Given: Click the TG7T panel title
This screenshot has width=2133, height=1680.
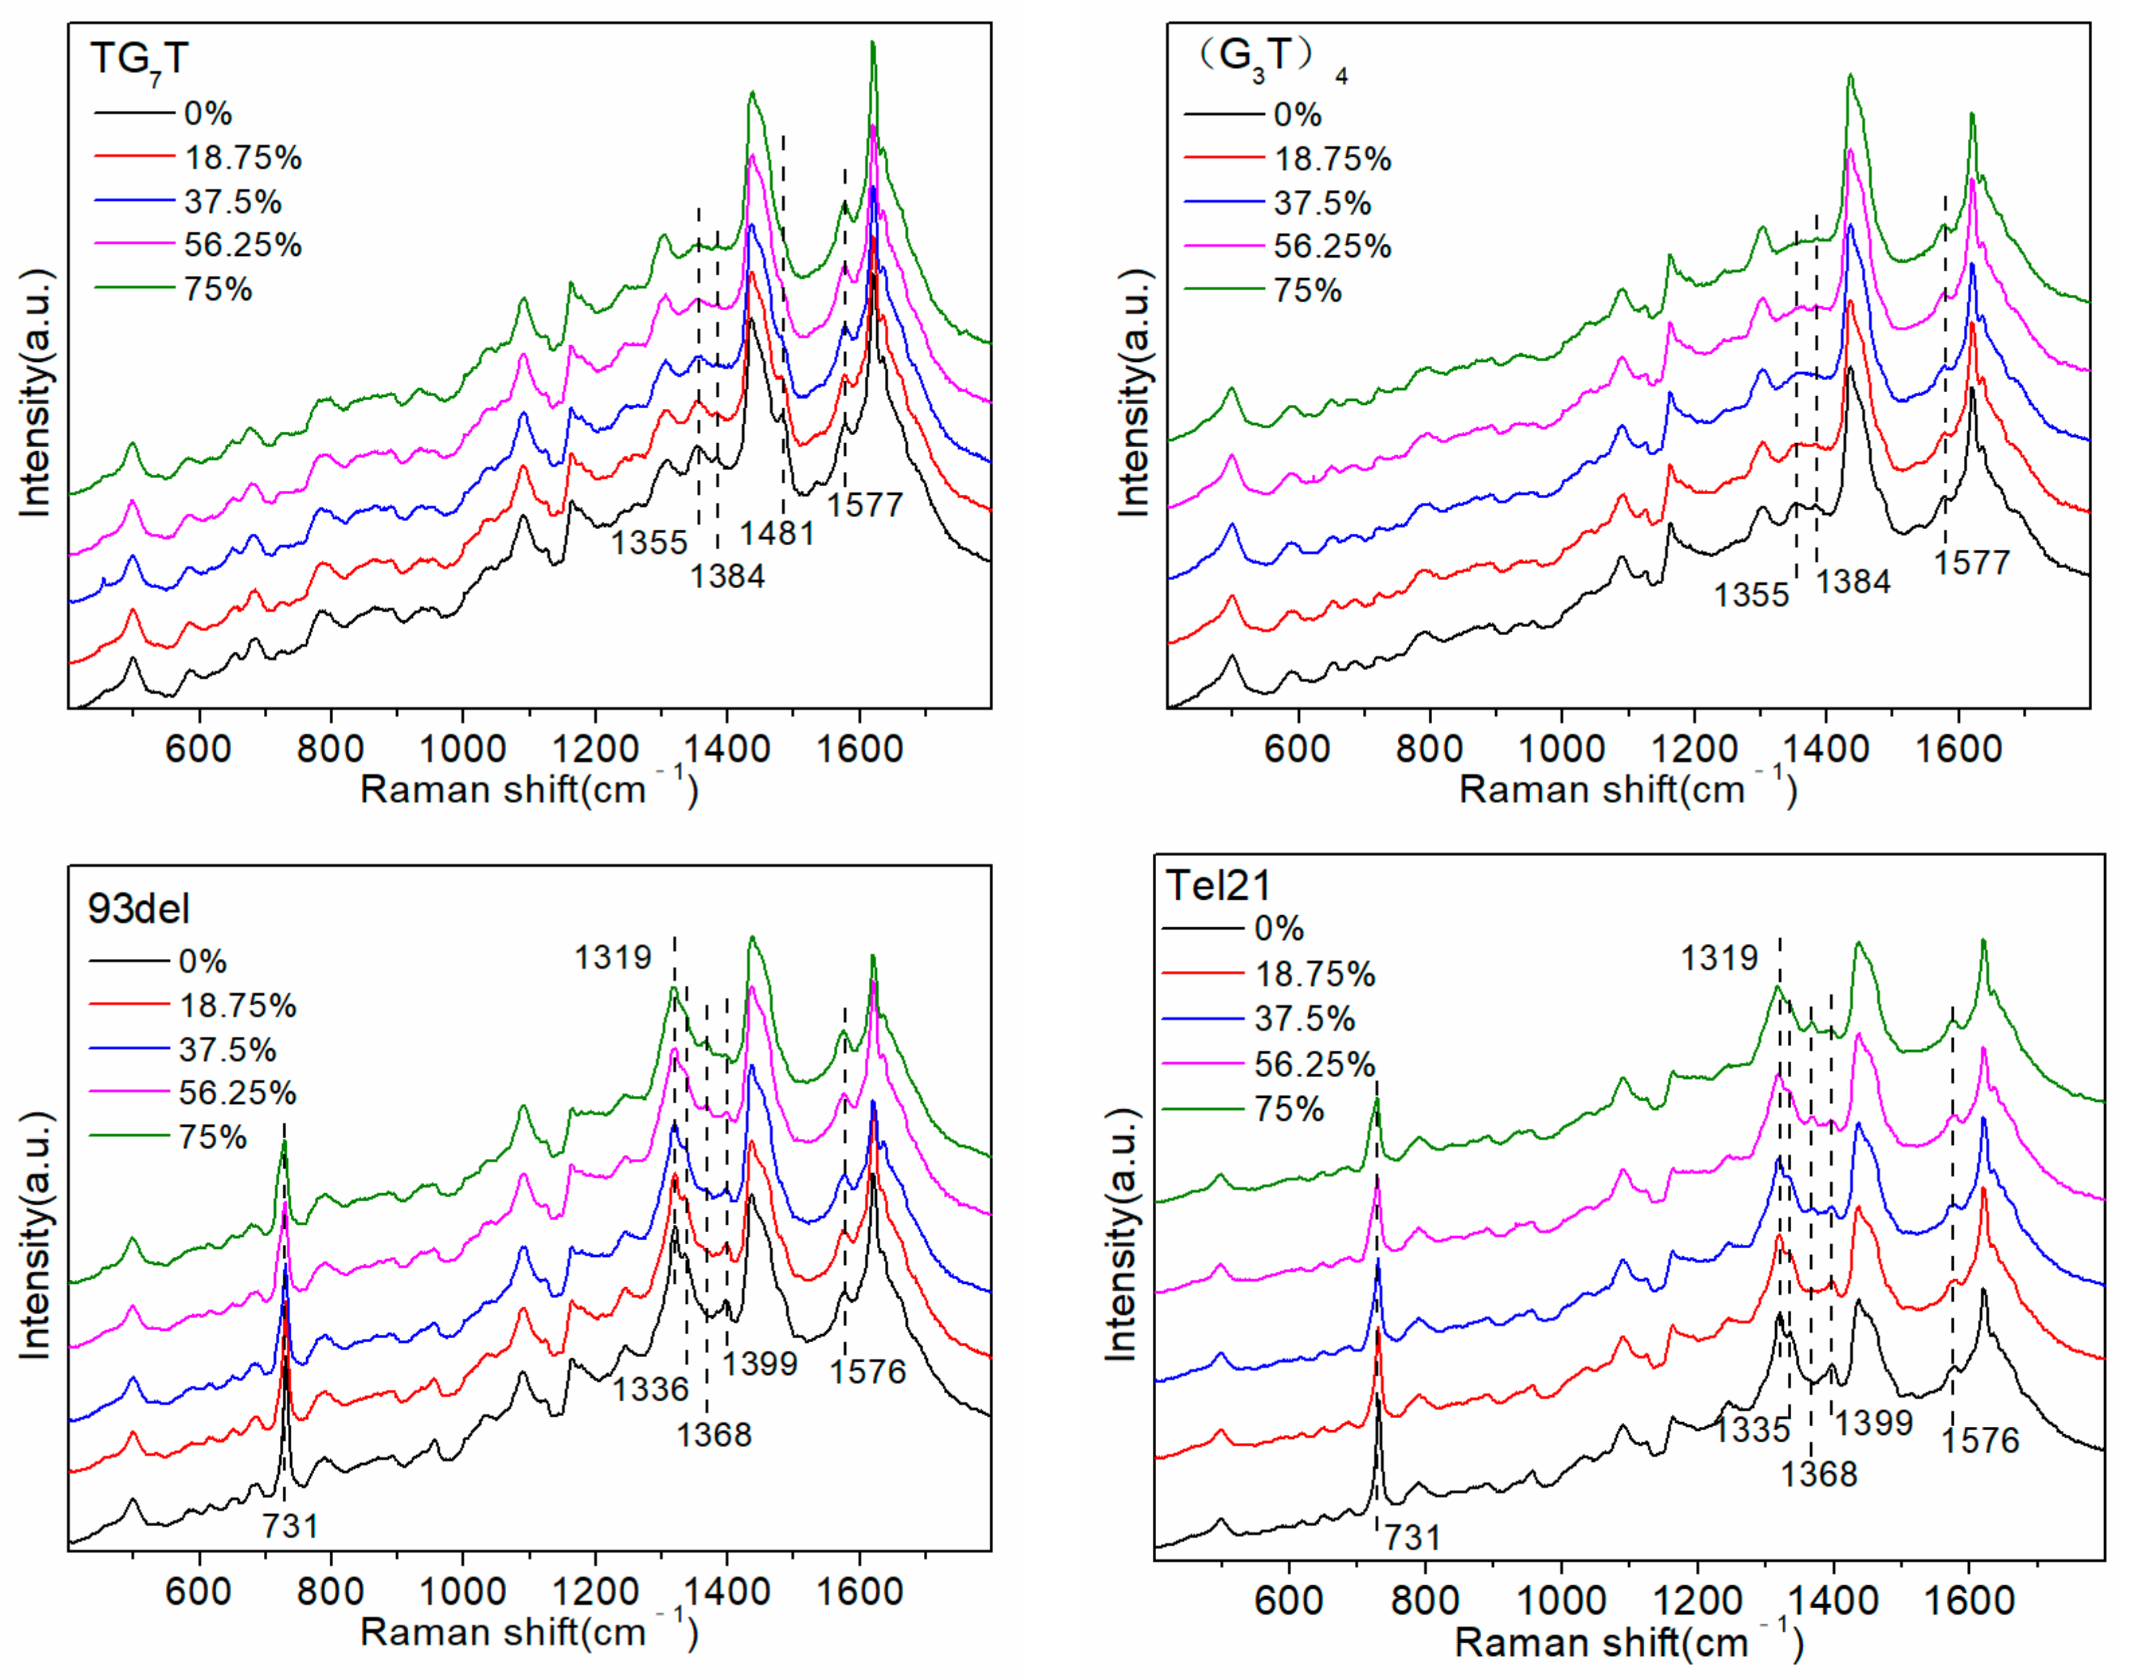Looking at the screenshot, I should click(139, 59).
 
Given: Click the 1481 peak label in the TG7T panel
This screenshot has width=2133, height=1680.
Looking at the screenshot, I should click(777, 533).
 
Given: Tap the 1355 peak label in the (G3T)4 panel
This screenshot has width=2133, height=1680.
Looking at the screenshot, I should click(1752, 595).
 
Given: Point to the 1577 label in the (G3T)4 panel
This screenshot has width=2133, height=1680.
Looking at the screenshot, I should click(1972, 563).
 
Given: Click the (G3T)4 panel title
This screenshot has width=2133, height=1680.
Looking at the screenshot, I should click(1269, 59).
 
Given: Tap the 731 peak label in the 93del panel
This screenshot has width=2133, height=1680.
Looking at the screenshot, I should click(290, 1526).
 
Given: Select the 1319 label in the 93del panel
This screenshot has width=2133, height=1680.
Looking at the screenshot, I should click(613, 957).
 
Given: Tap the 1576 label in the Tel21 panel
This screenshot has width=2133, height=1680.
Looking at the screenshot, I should click(1980, 1440).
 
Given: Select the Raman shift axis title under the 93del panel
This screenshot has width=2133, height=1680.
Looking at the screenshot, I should click(529, 1632).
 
